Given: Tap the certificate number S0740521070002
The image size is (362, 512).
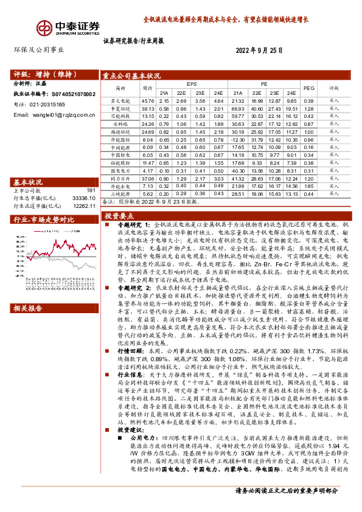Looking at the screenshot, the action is tap(71, 95).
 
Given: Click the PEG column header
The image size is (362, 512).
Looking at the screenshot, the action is tap(308, 88).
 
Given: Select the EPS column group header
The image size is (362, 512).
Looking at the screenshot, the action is tap(192, 84).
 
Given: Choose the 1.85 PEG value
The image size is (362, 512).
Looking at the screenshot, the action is tap(308, 186).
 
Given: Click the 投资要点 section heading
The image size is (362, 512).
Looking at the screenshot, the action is tap(119, 216).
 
